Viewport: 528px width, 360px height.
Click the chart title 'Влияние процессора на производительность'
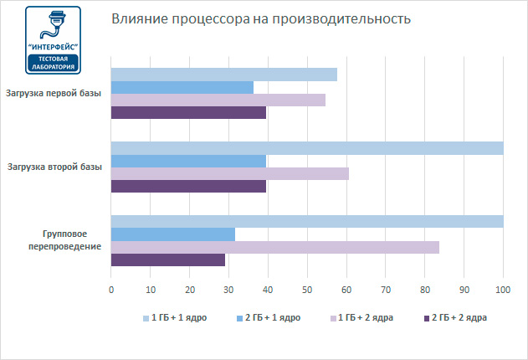click(262, 19)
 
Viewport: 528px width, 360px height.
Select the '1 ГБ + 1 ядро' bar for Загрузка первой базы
click(223, 75)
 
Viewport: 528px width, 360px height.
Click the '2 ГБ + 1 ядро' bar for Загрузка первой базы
click(182, 87)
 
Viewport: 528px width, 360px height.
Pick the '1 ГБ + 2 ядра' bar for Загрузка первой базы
click(218, 100)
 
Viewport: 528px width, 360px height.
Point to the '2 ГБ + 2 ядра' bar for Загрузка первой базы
click(188, 112)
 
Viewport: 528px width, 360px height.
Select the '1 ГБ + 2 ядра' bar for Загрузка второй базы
click(229, 173)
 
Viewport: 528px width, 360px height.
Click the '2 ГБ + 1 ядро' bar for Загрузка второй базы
click(188, 161)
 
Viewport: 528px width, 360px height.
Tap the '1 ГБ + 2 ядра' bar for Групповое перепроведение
click(274, 247)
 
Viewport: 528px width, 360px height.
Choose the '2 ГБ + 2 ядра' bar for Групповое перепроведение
click(167, 260)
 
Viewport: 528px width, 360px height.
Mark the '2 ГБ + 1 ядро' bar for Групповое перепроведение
click(172, 234)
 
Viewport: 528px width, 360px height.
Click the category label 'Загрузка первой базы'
click(54, 93)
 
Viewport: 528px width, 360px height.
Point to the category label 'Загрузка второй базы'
click(54, 167)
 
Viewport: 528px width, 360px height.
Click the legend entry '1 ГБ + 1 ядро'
click(179, 318)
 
